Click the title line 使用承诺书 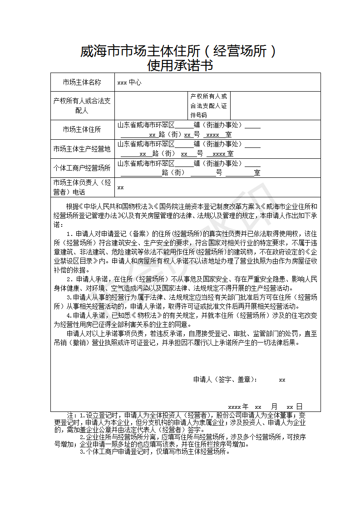tap(180, 66)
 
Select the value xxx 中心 tap(129, 83)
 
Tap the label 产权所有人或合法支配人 tap(82, 105)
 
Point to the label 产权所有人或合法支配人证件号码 tap(208, 106)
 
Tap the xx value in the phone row tap(121, 187)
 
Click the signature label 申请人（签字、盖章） tap(225, 380)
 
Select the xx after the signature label tap(282, 380)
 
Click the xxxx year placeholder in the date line tap(234, 407)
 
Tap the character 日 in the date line tap(299, 406)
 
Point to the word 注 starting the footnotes tap(70, 416)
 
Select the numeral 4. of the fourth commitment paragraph tap(69, 315)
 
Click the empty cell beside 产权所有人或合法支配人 tap(151, 106)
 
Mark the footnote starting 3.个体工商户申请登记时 tap(154, 452)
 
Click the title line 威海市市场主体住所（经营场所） tap(178, 51)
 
